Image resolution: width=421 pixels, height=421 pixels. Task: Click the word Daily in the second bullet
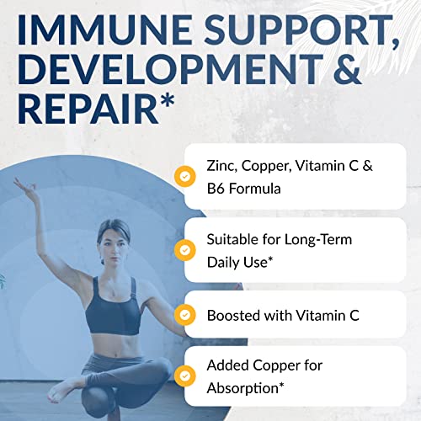point(248,261)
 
